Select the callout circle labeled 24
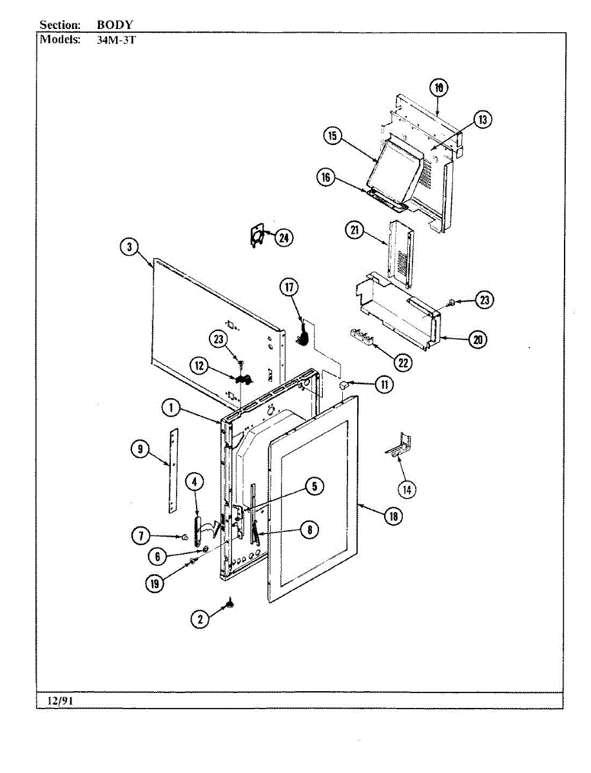(x=283, y=238)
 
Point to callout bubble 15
(x=332, y=136)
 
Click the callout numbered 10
(x=438, y=87)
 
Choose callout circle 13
(x=482, y=119)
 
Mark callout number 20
(x=478, y=339)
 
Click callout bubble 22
(x=403, y=363)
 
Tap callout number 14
(x=407, y=490)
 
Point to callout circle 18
(x=391, y=515)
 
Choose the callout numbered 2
(x=200, y=619)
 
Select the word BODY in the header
(x=115, y=24)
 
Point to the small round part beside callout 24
(x=258, y=236)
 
